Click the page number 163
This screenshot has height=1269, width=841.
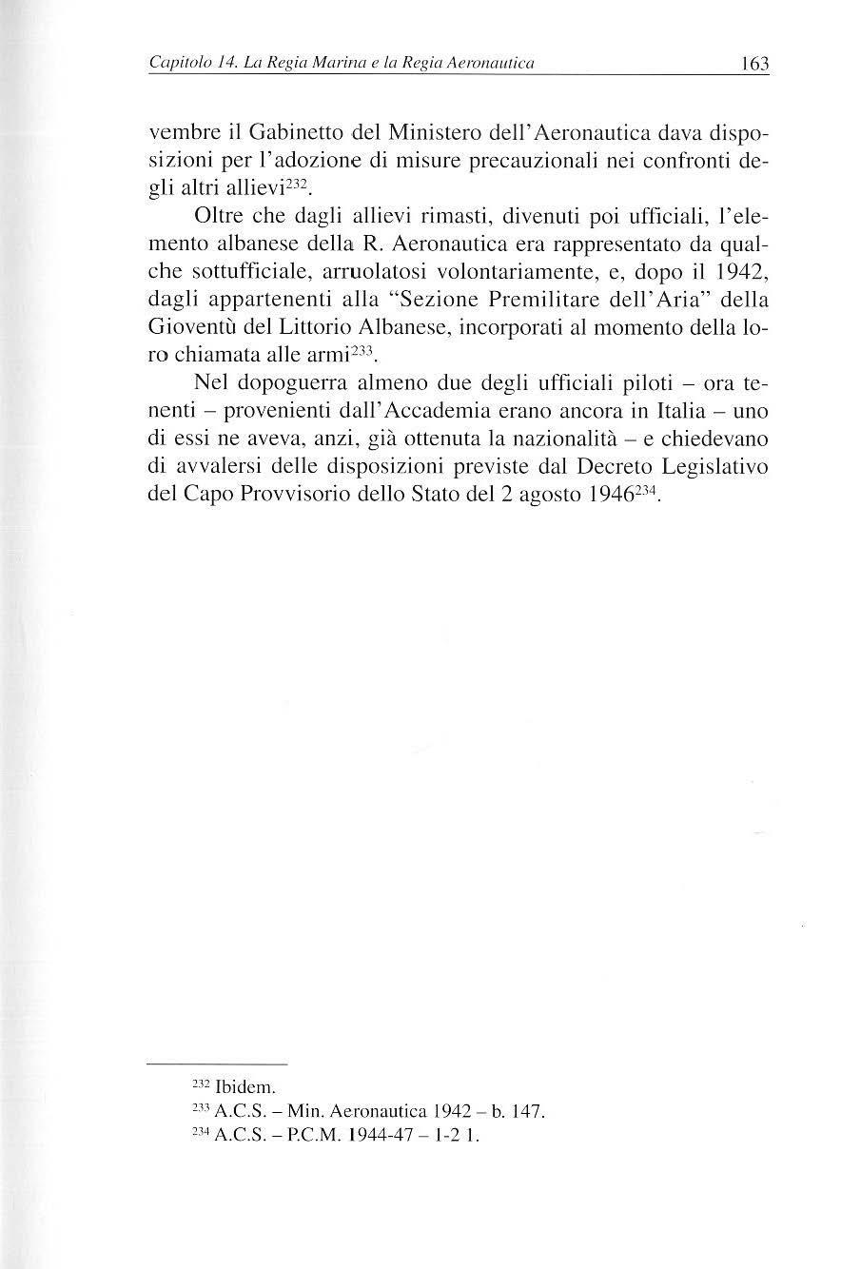pos(752,65)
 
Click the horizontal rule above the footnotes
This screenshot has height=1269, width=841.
pos(219,1064)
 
